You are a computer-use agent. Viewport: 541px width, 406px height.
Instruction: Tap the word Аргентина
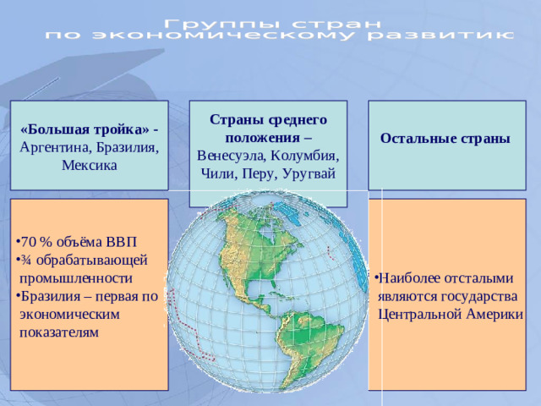coord(52,146)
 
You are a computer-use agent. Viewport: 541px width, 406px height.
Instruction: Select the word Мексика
coord(89,164)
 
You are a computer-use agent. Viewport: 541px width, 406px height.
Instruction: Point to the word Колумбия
coord(305,156)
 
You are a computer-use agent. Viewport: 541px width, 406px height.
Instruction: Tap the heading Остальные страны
coord(445,138)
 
